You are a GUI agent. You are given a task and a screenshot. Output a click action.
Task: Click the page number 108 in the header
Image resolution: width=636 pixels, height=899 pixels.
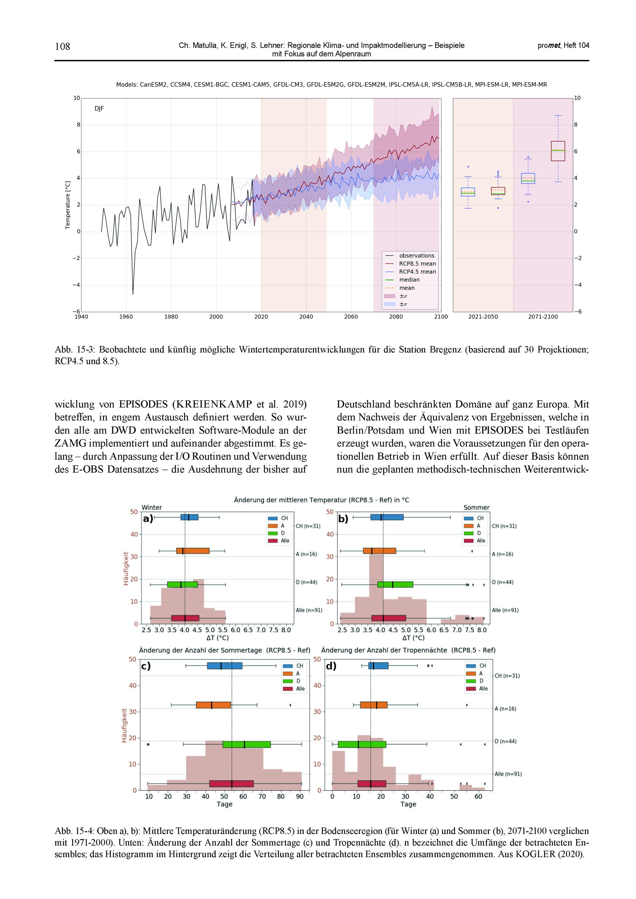click(x=62, y=47)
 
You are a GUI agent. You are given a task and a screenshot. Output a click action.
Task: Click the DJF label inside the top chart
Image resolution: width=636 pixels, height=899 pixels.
click(x=99, y=109)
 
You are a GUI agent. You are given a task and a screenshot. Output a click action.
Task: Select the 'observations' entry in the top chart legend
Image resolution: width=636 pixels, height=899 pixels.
click(x=417, y=256)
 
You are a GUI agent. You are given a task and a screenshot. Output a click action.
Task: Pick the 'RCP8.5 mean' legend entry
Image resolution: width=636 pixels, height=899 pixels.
click(x=417, y=264)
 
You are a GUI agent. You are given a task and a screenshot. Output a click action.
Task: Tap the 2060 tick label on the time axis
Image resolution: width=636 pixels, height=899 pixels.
click(x=351, y=317)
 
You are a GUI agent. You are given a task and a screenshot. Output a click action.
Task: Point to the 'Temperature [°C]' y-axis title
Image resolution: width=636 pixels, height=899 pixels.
click(x=68, y=205)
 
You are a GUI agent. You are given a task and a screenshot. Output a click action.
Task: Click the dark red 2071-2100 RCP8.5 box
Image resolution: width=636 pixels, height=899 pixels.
click(x=558, y=151)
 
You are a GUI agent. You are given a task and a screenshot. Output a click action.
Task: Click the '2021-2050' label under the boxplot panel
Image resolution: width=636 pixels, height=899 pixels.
click(x=483, y=317)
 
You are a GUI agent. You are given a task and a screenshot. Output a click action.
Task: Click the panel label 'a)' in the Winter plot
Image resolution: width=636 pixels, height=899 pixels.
click(x=148, y=519)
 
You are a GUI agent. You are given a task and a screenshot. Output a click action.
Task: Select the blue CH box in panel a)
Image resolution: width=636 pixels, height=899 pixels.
click(x=189, y=517)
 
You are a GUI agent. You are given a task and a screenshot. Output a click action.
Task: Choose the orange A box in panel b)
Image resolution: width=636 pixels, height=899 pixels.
click(x=379, y=551)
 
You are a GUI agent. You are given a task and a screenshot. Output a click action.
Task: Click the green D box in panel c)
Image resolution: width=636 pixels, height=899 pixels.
click(x=247, y=744)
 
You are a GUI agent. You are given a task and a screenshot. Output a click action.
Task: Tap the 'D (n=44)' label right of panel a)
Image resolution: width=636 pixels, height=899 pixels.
click(x=307, y=582)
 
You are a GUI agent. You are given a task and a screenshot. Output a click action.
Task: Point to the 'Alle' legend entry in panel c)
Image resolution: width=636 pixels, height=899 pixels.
click(x=300, y=689)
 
